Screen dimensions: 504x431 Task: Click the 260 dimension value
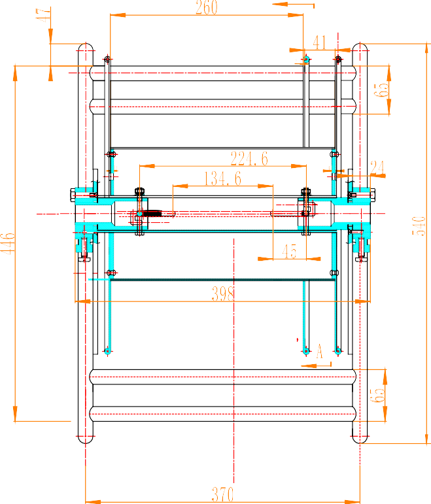[207, 8]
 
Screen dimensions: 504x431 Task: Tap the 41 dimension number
[320, 43]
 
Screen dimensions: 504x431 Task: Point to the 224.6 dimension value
[249, 159]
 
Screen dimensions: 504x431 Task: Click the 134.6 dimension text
[223, 178]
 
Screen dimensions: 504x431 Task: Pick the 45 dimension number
[289, 251]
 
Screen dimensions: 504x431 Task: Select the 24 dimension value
[377, 168]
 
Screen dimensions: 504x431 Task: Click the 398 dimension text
[223, 294]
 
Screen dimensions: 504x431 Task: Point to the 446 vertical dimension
[7, 244]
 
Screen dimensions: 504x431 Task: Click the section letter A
[320, 350]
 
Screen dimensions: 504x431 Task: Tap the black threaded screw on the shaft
[153, 213]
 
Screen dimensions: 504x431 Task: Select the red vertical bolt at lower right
[361, 248]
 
